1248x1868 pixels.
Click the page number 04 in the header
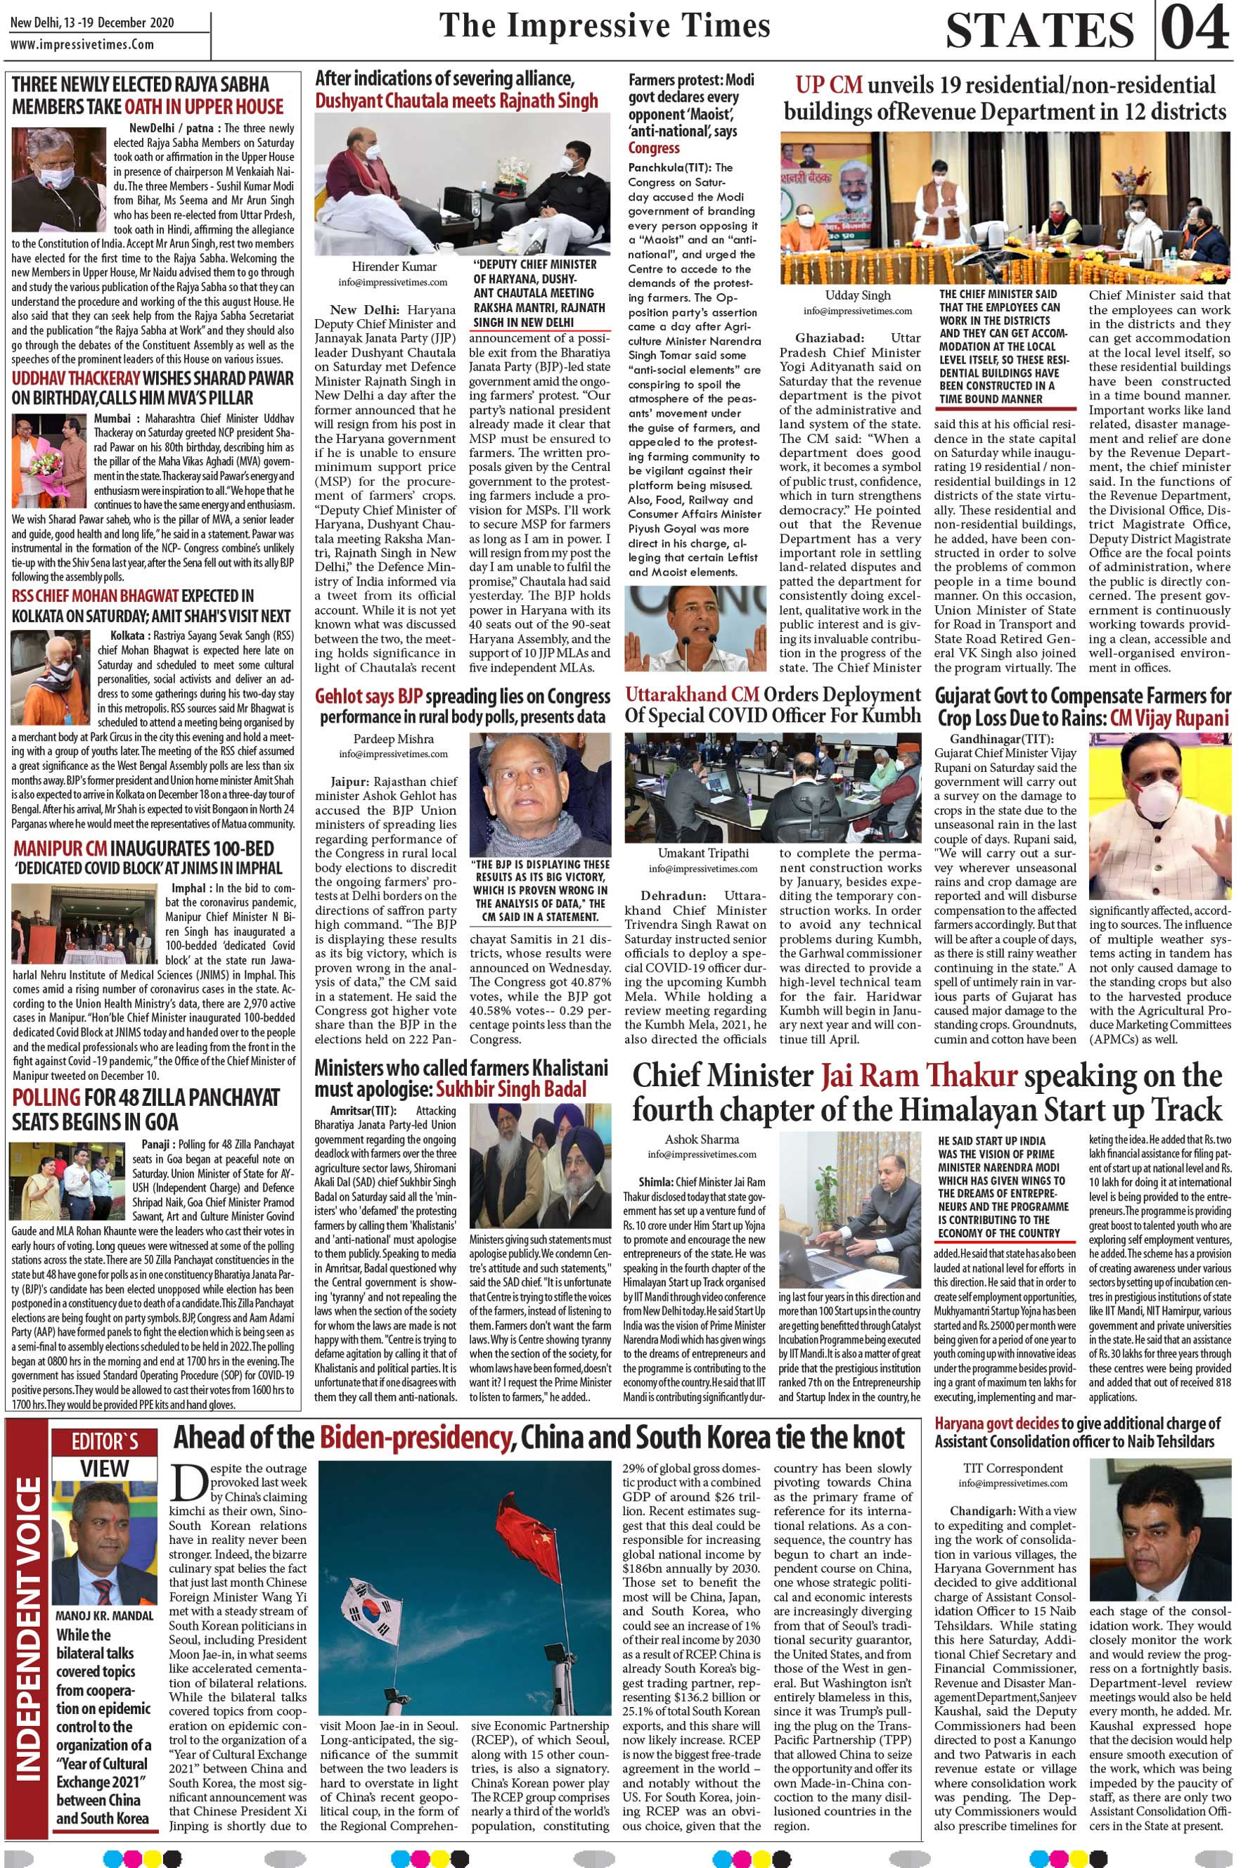(1195, 30)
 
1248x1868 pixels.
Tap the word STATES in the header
(1039, 31)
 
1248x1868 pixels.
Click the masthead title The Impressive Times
(605, 25)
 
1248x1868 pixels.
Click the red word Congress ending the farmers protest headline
(655, 148)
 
